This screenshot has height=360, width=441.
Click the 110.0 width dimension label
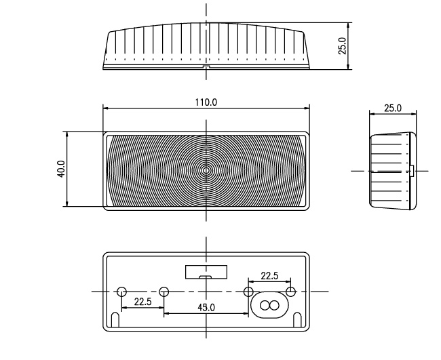206,102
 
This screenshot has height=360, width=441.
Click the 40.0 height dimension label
61,169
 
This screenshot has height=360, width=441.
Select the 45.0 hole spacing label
206,308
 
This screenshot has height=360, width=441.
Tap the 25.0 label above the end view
393,108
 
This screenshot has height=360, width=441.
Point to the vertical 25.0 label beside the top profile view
342,46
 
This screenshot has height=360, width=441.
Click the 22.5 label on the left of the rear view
142,302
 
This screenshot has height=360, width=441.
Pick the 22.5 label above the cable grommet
269,276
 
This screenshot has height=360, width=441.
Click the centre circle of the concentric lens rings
206,170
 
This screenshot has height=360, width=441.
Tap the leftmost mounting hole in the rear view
121,292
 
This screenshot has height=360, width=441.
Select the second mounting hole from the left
164,292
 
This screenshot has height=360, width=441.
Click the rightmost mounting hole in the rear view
291,292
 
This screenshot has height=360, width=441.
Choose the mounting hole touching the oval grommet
248,292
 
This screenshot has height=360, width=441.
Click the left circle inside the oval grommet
265,305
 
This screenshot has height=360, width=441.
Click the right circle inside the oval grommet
274,305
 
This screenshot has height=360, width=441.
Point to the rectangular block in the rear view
206,272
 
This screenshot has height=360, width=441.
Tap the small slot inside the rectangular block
206,277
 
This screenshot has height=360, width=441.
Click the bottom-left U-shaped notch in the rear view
115,320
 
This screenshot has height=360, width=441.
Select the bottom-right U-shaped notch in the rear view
297,320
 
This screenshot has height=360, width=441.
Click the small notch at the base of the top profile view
206,67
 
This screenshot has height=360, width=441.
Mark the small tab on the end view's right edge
412,171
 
